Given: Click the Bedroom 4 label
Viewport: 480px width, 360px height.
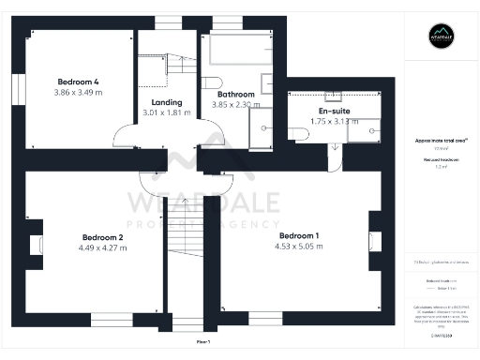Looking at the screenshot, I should pos(77,82).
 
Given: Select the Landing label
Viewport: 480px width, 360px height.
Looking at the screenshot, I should pos(165,102).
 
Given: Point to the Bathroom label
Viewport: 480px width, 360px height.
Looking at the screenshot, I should pos(235,95).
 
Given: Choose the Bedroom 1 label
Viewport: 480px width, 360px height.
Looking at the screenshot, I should pos(299,235).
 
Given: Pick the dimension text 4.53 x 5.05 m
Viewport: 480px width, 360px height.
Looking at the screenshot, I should pos(300,247).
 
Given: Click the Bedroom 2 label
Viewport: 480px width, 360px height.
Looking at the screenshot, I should pos(103,237).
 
